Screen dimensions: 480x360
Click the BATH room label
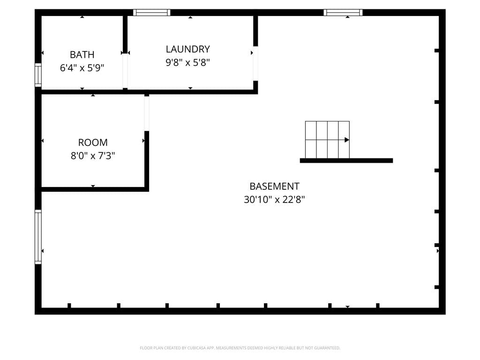tap(82, 54)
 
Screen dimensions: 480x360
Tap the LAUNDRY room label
tap(187, 49)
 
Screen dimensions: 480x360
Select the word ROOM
tap(93, 142)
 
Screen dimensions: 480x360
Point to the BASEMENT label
tap(274, 186)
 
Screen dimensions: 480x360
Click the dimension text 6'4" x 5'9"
tap(82, 67)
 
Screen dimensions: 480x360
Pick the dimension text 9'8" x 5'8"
tap(187, 62)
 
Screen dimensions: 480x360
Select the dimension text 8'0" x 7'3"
tap(93, 156)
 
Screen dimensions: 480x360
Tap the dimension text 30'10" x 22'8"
tap(274, 200)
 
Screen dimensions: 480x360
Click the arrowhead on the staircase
tap(347, 140)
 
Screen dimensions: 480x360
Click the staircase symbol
tap(327, 140)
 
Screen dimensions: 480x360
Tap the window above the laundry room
tap(151, 13)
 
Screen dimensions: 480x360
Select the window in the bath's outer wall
tap(38, 75)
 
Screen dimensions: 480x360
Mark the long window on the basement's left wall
tap(38, 237)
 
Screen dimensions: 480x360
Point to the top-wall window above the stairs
tap(343, 13)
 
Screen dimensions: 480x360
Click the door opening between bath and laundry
tap(125, 71)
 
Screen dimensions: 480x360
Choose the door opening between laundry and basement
tap(255, 64)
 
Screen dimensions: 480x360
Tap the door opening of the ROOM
tap(147, 113)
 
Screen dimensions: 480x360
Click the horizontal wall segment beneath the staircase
tap(346, 160)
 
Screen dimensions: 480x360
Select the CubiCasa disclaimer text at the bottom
tap(240, 348)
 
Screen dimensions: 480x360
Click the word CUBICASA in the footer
tap(196, 348)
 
